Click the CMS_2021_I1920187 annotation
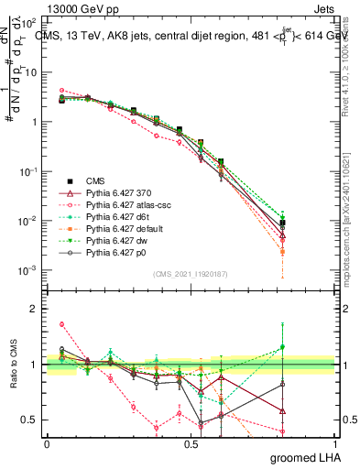point(191,273)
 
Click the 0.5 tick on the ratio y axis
point(32,420)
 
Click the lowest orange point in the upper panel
point(283,251)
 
